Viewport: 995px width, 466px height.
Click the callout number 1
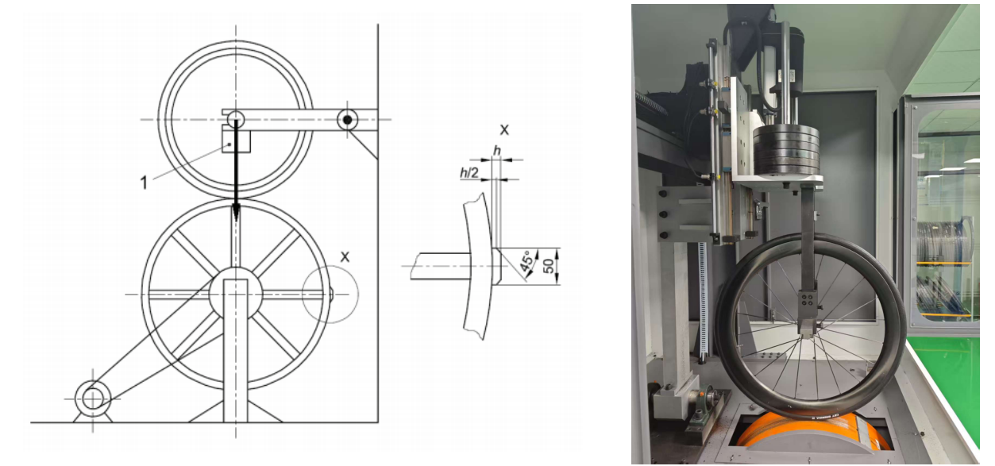pos(144,183)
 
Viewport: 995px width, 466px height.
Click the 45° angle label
pos(527,262)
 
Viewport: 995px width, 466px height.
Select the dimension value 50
pos(549,266)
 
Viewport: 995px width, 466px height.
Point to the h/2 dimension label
pos(469,172)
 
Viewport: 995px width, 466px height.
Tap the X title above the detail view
pos(504,129)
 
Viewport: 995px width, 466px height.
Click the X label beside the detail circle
pos(345,256)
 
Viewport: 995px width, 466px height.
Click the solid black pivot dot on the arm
pos(347,120)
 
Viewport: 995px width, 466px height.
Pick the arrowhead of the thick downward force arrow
pos(236,212)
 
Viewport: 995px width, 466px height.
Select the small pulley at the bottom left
pos(93,398)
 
